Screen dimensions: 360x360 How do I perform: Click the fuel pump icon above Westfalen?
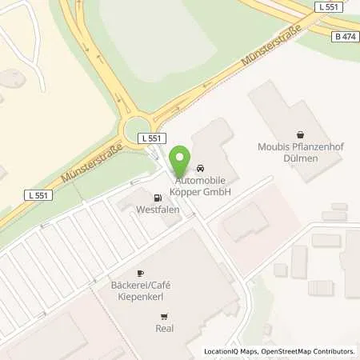pyautogui.click(x=156, y=198)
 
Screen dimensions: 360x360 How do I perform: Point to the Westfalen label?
pyautogui.click(x=156, y=210)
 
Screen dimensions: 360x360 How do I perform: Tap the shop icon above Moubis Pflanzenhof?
pyautogui.click(x=300, y=134)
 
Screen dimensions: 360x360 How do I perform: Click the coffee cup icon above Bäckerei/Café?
pyautogui.click(x=139, y=273)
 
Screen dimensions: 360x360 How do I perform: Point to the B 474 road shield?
pyautogui.click(x=345, y=37)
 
